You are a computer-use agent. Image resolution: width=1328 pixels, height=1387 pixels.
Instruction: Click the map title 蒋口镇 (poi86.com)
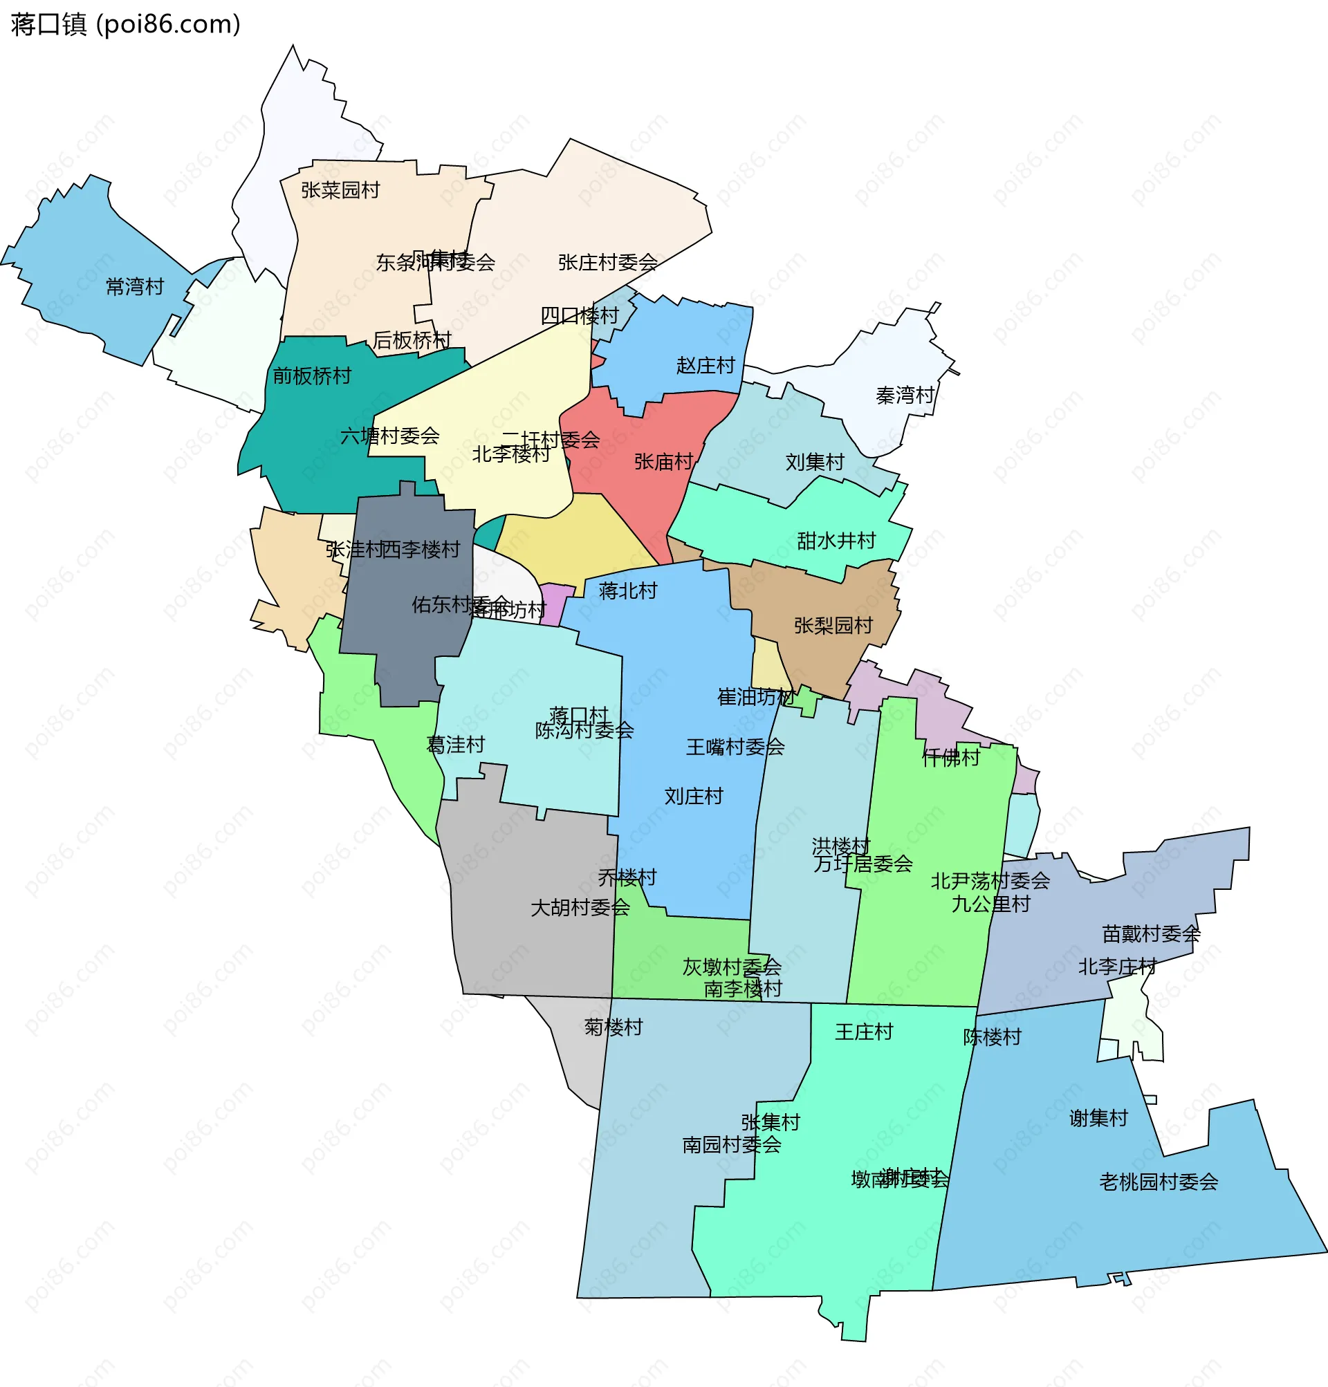coord(126,25)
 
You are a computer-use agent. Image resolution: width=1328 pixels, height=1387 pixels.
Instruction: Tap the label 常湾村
coord(134,287)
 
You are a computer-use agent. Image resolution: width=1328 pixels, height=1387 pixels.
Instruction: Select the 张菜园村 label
coord(340,189)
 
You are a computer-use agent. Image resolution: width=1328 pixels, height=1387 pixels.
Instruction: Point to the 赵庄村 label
coord(705,365)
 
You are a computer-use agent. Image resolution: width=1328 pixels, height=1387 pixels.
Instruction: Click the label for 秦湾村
coord(905,395)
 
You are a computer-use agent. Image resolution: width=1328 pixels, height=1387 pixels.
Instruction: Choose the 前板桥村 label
coord(312,375)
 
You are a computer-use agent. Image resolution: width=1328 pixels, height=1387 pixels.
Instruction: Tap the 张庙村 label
coord(663,462)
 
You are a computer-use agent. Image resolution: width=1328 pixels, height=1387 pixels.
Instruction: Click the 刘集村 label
coord(815,462)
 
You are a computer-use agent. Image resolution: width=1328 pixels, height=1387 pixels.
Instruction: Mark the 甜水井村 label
coord(836,541)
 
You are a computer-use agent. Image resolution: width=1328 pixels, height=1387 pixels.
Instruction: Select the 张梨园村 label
coord(833,626)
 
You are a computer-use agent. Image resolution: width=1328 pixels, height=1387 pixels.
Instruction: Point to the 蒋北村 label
coord(628,590)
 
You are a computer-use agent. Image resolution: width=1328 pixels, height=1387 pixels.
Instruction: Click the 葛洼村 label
coord(455,745)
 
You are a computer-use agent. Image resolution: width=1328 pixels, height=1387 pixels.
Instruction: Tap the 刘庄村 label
coord(694,796)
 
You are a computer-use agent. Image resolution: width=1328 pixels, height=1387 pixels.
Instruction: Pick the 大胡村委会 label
coord(580,907)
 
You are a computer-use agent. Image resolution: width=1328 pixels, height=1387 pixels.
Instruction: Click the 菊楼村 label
coord(613,1027)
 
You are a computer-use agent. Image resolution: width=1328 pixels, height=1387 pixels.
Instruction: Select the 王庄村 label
coord(864,1032)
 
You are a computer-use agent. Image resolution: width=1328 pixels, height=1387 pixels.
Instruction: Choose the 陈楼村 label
coord(993,1036)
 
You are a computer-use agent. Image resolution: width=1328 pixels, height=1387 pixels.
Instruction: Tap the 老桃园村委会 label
coord(1159,1182)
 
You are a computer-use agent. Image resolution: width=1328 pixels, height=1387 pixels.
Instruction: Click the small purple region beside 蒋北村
coord(555,605)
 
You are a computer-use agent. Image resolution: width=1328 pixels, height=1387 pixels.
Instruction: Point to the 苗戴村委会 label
coord(1151,934)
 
